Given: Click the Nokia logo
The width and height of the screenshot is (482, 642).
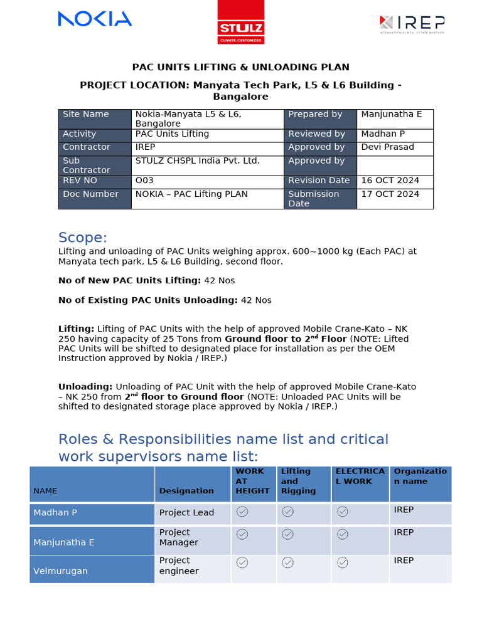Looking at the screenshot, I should (x=95, y=19).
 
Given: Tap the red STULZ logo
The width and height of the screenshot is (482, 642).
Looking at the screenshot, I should (x=240, y=23).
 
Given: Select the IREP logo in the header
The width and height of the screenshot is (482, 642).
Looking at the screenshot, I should (x=412, y=24).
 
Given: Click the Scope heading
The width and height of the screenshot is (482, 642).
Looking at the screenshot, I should (x=82, y=238).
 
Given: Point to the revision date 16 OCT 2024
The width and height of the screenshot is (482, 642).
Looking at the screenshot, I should (x=390, y=181).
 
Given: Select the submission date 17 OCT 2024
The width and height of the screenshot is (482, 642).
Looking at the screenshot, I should (x=390, y=194).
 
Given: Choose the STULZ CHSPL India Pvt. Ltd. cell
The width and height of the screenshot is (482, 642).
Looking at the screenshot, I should (x=197, y=161).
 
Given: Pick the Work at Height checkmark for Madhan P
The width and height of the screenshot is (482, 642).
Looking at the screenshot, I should (x=242, y=512).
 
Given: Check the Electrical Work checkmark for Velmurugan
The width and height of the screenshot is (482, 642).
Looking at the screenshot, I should (x=342, y=563).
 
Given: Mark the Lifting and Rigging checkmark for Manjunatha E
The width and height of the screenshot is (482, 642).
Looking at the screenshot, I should (x=287, y=534).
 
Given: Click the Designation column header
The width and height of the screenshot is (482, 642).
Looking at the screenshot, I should (x=186, y=491).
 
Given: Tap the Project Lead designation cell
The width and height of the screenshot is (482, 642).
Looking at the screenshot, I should (x=186, y=513).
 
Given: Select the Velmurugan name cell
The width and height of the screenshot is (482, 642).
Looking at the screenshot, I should (x=60, y=571).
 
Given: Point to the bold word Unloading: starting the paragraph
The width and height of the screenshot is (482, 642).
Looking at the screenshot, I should (x=85, y=387).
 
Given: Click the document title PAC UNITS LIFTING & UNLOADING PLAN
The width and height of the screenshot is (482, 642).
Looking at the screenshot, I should (x=240, y=67).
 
